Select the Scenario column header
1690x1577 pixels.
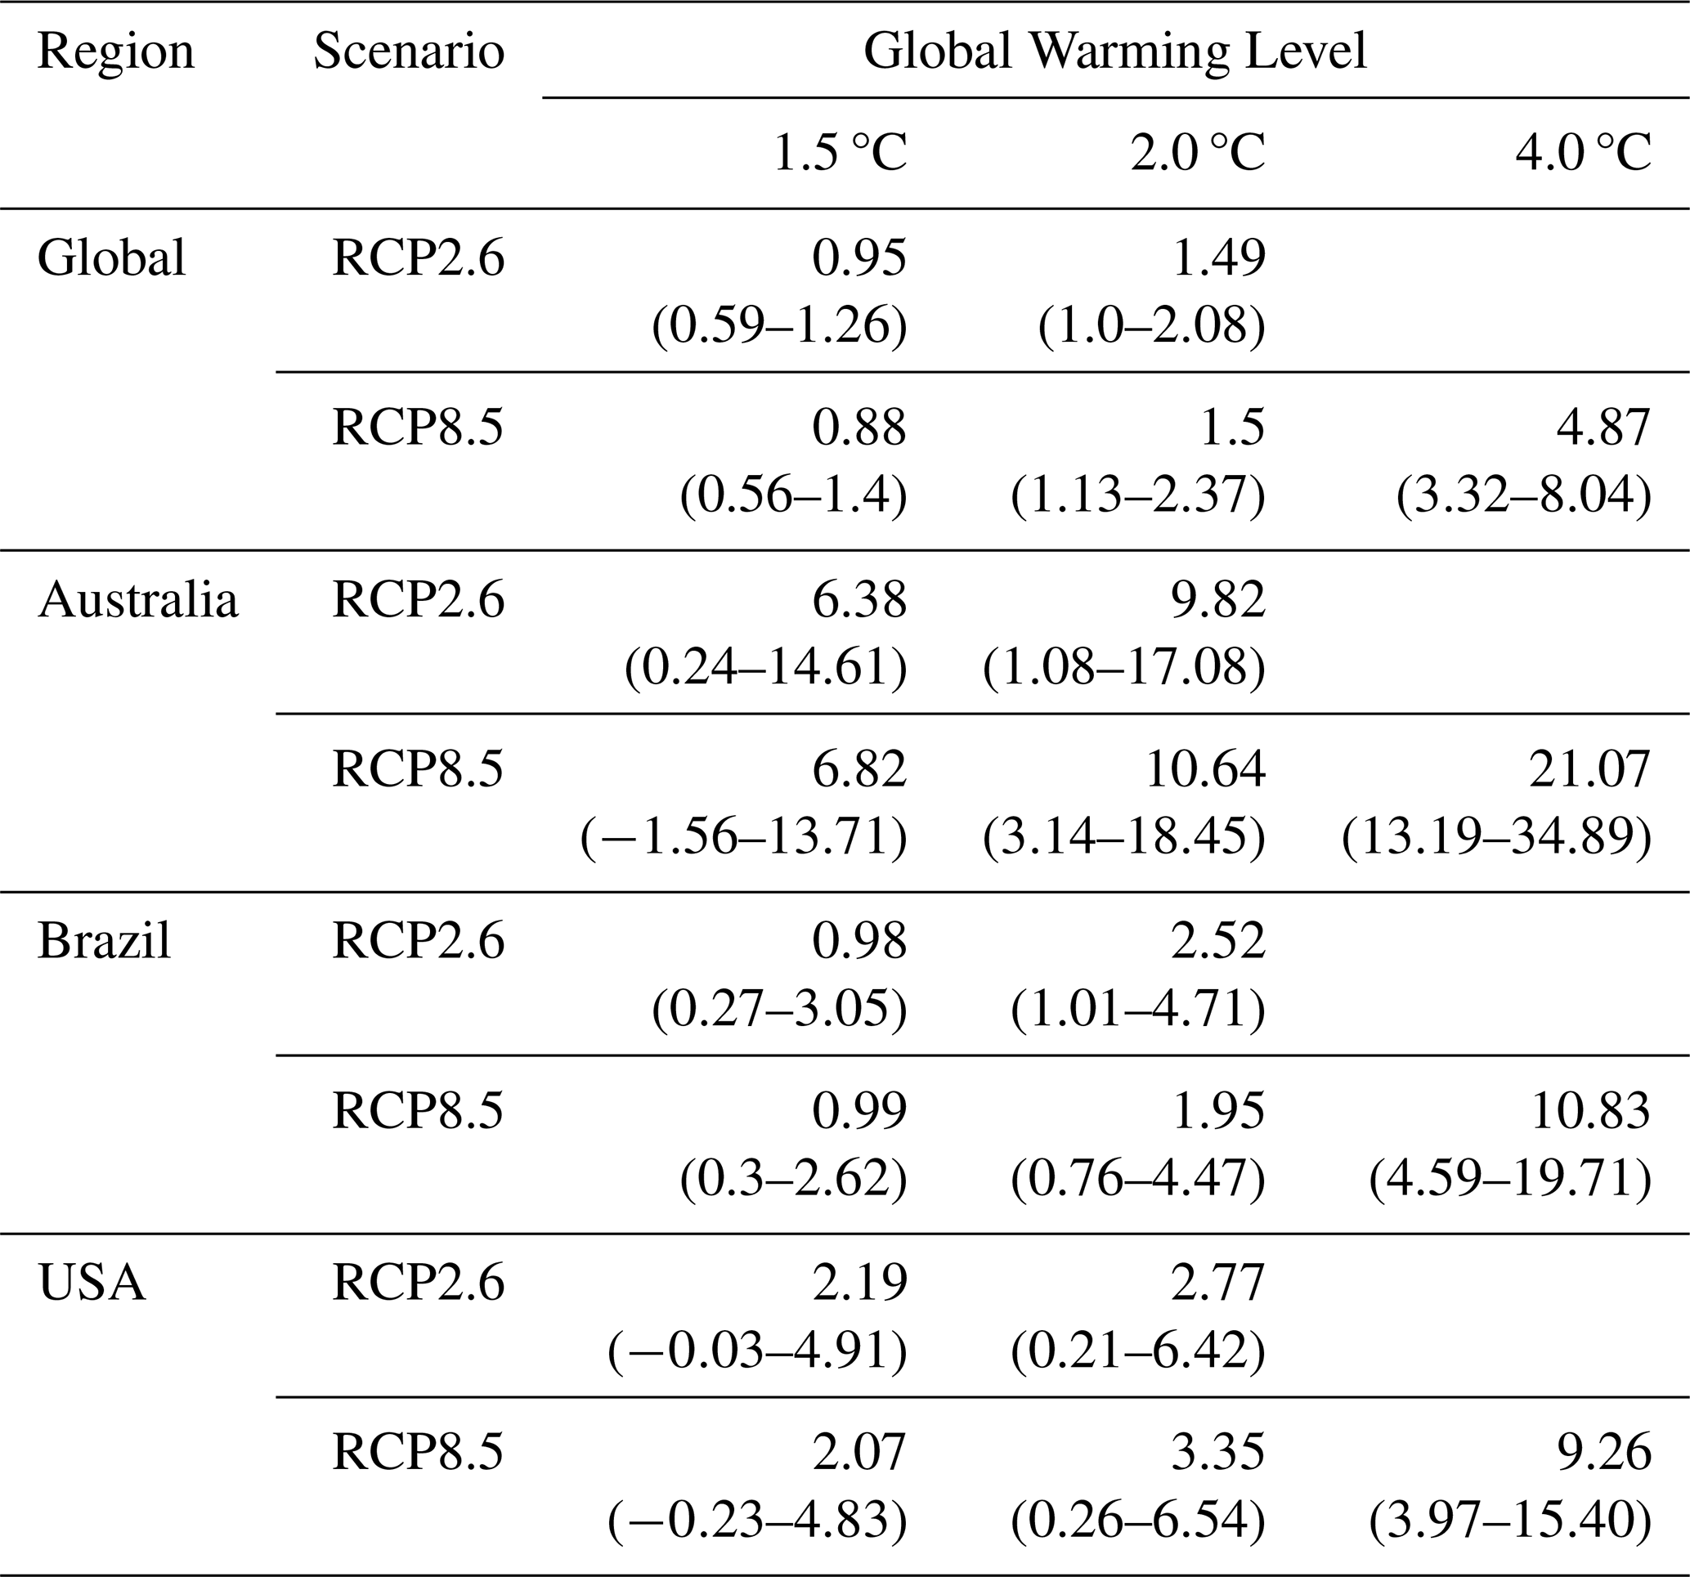pyautogui.click(x=409, y=51)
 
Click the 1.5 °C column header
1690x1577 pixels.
pyautogui.click(x=840, y=154)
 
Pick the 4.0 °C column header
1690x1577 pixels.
pyautogui.click(x=1584, y=154)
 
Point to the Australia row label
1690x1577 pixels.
pyautogui.click(x=137, y=599)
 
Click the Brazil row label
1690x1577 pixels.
pyautogui.click(x=104, y=941)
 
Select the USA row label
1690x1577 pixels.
pyautogui.click(x=92, y=1283)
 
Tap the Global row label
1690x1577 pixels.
pyautogui.click(x=111, y=258)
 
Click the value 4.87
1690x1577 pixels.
pyautogui.click(x=1603, y=428)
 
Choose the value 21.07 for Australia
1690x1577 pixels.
pyautogui.click(x=1589, y=769)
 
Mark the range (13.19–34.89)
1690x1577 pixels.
pyautogui.click(x=1497, y=837)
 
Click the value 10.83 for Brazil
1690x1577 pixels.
pyautogui.click(x=1589, y=1111)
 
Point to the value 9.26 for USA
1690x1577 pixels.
pyautogui.click(x=1603, y=1453)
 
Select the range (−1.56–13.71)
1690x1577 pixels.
pyautogui.click(x=744, y=837)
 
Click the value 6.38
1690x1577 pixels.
pyautogui.click(x=860, y=599)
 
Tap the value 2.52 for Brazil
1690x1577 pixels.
pyautogui.click(x=1218, y=941)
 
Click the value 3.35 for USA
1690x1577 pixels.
pyautogui.click(x=1218, y=1453)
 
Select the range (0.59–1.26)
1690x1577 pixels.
pyautogui.click(x=779, y=325)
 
